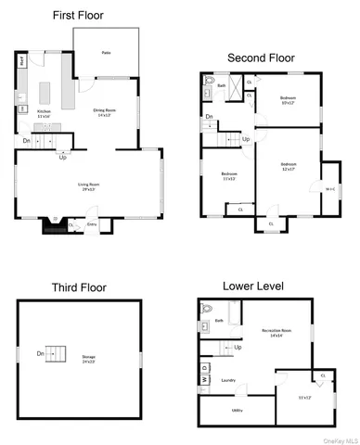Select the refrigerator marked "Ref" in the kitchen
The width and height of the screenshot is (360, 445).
[21, 62]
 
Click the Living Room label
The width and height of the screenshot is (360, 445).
[88, 185]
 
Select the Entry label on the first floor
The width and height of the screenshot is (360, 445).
[92, 223]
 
